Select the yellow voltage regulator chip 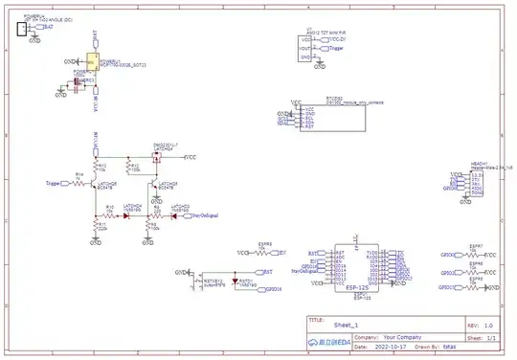(x=93, y=64)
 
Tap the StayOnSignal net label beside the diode (x=206, y=216)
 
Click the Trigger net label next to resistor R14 (x=53, y=182)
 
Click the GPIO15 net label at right (x=446, y=287)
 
